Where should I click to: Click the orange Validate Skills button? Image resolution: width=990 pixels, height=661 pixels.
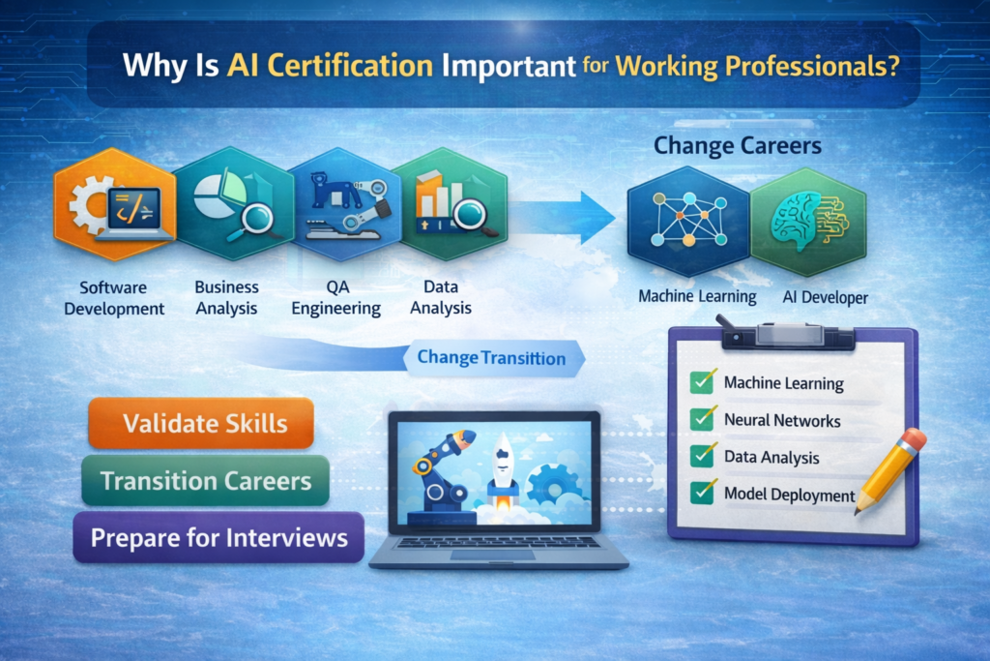coord(201,423)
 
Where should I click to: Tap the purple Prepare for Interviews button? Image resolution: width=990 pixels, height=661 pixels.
coord(218,538)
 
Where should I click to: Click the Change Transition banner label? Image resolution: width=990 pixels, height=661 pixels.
coord(491,358)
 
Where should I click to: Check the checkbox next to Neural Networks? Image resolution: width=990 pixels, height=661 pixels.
coord(701,419)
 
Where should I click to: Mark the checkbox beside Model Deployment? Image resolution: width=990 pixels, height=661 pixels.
coord(701,493)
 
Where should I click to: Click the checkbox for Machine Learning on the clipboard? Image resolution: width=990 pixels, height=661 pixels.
coord(701,382)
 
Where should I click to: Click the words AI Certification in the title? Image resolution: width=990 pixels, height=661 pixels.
coord(330,68)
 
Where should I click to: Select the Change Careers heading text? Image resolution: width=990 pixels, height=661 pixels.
coord(737,147)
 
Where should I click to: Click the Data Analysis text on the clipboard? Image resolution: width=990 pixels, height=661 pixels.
coord(771,457)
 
